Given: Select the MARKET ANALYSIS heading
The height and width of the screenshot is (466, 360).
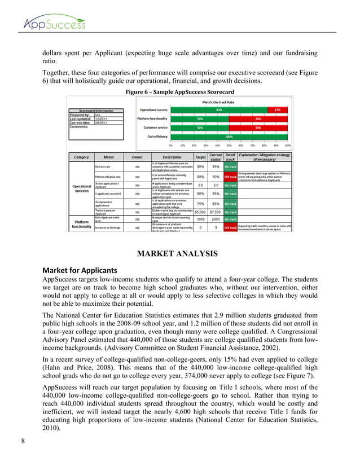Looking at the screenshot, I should point(179,254).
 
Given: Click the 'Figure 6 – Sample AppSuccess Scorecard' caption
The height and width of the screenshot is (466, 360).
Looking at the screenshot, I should point(180,92).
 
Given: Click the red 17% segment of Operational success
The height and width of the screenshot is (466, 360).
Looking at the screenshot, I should point(276,109).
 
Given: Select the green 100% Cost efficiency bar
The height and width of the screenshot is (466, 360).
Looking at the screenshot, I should point(230,137).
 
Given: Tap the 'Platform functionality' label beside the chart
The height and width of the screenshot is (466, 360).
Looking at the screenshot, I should point(155,119).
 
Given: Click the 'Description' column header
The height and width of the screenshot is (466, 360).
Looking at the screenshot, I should point(172,156).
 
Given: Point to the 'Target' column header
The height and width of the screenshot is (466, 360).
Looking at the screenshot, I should point(200,156).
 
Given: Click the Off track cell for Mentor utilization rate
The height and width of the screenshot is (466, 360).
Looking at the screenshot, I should point(230,177).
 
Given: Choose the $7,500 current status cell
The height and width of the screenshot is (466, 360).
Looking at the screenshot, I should point(215,212).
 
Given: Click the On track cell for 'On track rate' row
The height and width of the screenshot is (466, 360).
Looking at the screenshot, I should point(230,166).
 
